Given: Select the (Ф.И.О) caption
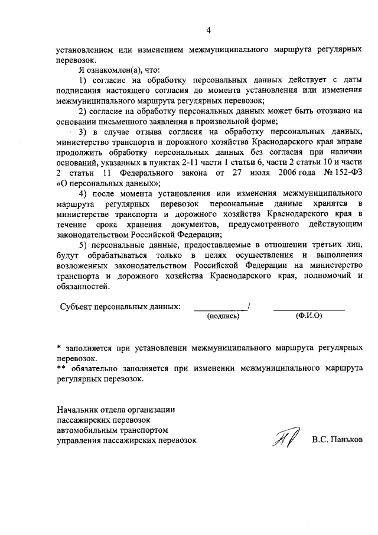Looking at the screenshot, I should point(308,316).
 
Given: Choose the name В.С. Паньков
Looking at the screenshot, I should point(337,440).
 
